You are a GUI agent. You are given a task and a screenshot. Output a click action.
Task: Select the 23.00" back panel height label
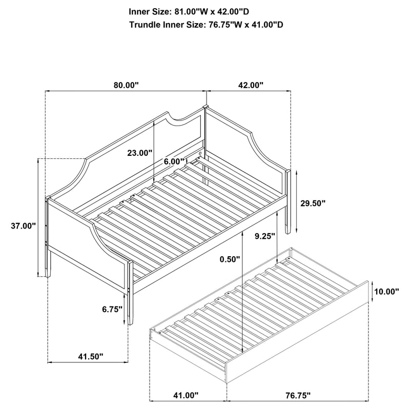pos(140,153)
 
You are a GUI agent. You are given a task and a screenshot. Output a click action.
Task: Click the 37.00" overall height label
pos(23,225)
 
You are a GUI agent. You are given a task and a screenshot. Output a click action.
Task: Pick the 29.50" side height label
pos(313,203)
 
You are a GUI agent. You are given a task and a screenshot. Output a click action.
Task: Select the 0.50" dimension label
pos(228,259)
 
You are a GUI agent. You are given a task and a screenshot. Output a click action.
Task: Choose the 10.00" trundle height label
pos(387,292)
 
